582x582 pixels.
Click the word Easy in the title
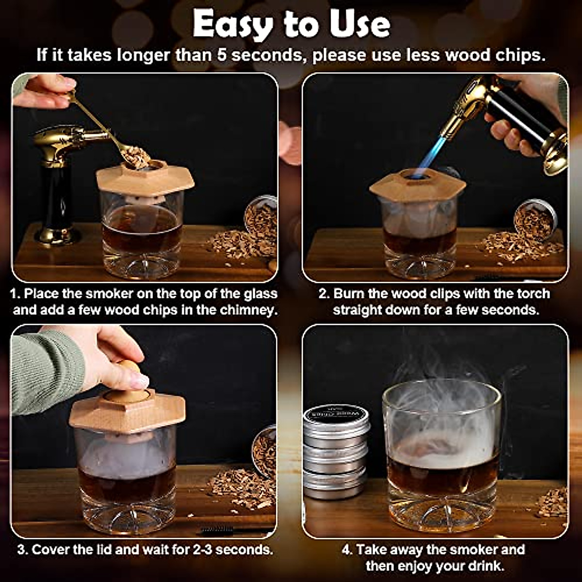point(230,24)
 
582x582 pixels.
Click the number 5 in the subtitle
point(221,55)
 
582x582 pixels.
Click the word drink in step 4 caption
point(485,566)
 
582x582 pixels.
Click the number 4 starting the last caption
point(346,550)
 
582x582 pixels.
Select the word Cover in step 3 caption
point(51,550)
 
